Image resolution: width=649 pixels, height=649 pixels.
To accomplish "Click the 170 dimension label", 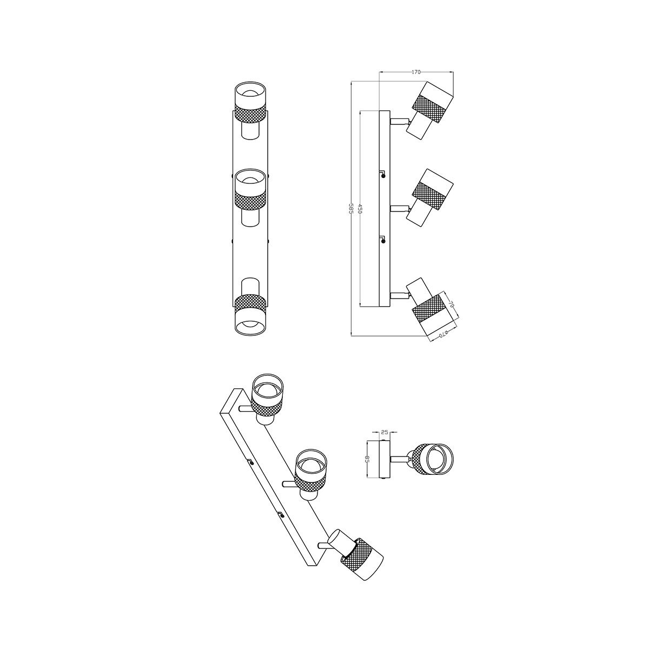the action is pos(416,72).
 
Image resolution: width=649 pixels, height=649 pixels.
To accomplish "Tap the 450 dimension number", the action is pos(360,209).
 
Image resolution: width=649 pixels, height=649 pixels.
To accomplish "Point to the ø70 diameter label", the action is pos(444,334).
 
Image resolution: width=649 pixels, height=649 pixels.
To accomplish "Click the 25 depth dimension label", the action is pos(385,432).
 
